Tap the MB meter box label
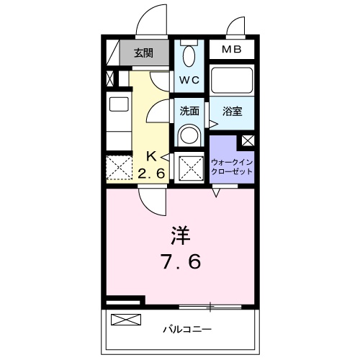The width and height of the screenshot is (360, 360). coord(231,50)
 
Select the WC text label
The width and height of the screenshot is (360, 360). coord(190,80)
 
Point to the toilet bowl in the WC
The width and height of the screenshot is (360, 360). coord(189,56)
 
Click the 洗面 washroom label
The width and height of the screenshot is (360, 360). coord(190,112)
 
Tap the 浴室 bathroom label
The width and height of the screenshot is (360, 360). coord(231,112)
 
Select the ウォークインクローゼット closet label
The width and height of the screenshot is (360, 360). coord(231,168)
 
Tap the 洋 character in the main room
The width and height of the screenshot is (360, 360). coord(180,235)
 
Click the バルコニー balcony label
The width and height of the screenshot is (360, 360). coord(186,328)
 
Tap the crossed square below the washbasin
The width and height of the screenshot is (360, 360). coord(189,168)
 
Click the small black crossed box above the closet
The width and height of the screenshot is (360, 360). coord(248,141)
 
